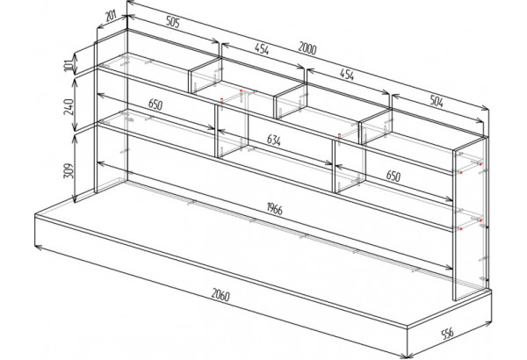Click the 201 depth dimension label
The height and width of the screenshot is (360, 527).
click(111, 15)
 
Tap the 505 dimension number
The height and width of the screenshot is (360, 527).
click(173, 22)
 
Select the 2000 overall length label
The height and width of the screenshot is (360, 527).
click(307, 48)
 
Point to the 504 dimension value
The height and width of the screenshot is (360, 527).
click(437, 101)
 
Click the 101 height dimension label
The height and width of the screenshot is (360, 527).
click(69, 64)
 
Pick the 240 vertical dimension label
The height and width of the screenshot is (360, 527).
click(69, 106)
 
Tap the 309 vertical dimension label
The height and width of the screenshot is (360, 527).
click(69, 170)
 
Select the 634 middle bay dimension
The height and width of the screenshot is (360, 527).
click(274, 140)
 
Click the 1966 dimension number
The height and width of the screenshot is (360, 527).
click(275, 208)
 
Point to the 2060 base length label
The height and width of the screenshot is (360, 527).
click(220, 295)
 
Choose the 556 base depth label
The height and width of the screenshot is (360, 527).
click(447, 333)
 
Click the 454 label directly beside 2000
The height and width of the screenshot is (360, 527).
click(262, 49)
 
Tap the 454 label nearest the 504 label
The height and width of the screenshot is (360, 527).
click(347, 75)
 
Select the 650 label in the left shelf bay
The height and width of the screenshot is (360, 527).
click(155, 104)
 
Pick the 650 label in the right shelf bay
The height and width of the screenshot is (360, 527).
click(393, 175)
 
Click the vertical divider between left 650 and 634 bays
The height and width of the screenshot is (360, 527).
click(216, 131)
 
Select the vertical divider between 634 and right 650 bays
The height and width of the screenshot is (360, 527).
click(334, 166)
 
